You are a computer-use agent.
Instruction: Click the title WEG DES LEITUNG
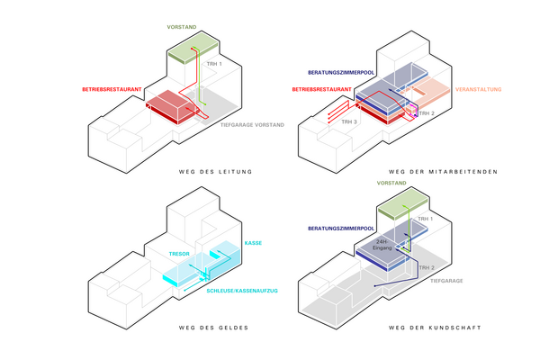point(215,172)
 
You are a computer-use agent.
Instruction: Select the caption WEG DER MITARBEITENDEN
point(443,172)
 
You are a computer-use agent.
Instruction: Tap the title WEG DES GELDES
point(213,328)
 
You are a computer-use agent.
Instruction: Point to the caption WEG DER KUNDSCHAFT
point(435,328)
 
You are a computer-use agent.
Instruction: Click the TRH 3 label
point(349,122)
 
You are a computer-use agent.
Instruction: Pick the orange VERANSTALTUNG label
point(479,90)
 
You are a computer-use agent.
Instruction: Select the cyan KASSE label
point(253,243)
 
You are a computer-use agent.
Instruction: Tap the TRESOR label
point(179,254)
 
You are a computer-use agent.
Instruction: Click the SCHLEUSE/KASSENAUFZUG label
point(242,291)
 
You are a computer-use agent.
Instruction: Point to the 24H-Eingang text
point(382,245)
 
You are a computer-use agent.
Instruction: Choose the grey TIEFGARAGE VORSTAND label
point(252,125)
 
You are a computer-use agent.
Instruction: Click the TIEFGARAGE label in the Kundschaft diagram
point(446,281)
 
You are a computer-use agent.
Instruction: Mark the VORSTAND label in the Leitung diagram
point(182,27)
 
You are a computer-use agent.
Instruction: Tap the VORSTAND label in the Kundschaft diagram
point(391,183)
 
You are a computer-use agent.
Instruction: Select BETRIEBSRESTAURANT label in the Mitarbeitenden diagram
point(322,90)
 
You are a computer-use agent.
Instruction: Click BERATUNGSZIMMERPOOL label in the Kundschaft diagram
point(341,229)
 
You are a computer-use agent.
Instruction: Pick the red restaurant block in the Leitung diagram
point(171,107)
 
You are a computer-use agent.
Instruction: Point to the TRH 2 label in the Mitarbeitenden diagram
point(427,113)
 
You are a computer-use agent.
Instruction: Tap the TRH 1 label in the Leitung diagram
point(214,64)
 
